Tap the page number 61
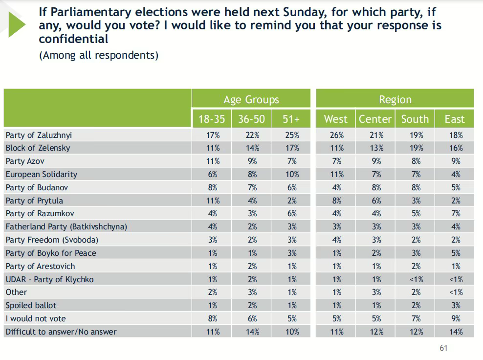coord(443,348)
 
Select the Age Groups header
coord(251,100)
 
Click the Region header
coord(395,100)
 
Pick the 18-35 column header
coord(212,119)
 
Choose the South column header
coord(415,119)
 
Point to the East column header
coord(454,119)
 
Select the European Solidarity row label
coord(42,174)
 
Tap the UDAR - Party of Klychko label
coord(49,279)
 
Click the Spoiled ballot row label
coord(31,305)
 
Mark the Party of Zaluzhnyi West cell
coord(337,135)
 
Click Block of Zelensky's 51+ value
coord(292,148)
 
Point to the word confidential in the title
coord(73,39)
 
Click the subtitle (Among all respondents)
coord(98,55)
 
